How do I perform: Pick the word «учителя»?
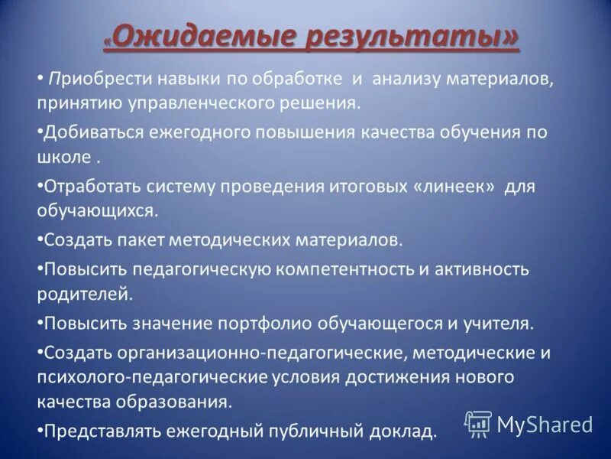(499, 323)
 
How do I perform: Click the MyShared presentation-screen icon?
(478, 423)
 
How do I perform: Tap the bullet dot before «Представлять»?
(40, 431)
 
